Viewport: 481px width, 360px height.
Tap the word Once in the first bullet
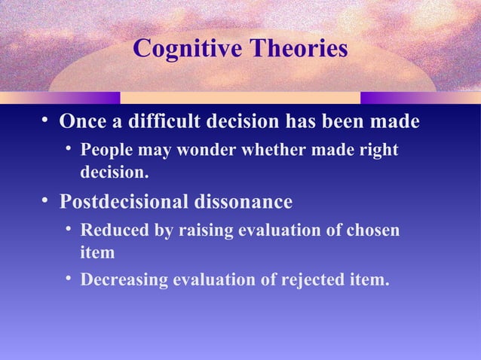point(83,121)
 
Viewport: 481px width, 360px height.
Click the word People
point(105,150)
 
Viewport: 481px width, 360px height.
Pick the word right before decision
point(378,150)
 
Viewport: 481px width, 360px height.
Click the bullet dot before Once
point(46,121)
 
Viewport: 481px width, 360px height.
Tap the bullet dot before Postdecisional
point(46,201)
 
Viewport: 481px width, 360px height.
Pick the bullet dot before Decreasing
point(69,279)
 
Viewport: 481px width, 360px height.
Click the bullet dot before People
point(69,149)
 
